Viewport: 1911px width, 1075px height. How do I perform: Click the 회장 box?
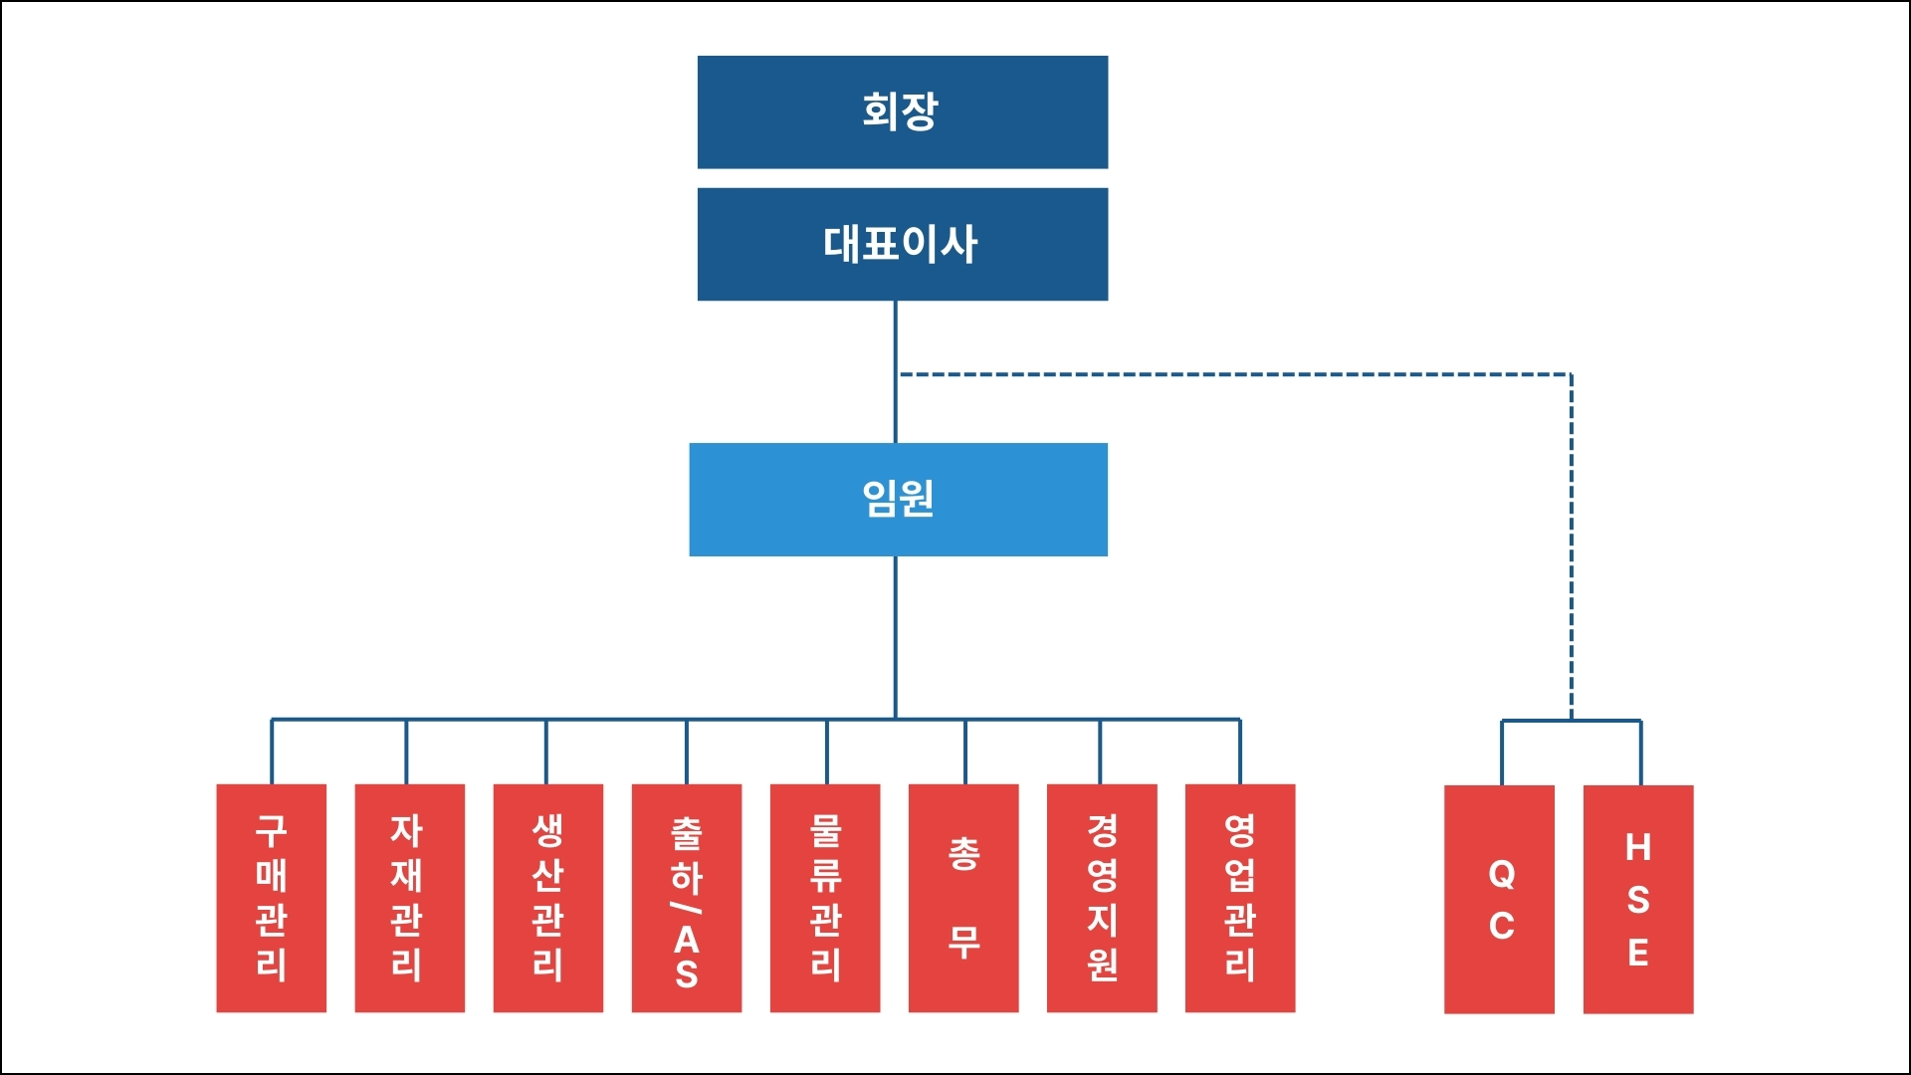(x=902, y=111)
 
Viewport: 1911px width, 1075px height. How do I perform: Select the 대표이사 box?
(x=902, y=244)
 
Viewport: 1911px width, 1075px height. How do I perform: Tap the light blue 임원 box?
(x=898, y=499)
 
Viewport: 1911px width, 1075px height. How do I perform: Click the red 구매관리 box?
(x=271, y=898)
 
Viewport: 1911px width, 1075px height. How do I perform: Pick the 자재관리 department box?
(x=409, y=898)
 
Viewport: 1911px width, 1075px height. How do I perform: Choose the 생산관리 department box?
(x=547, y=898)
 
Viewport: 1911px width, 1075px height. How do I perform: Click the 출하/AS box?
(x=686, y=898)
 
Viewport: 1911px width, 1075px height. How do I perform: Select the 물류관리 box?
(x=824, y=898)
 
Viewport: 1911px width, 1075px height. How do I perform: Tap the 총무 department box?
(x=962, y=898)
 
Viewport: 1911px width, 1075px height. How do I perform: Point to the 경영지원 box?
(x=1101, y=898)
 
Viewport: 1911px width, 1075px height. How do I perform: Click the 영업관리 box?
(x=1239, y=898)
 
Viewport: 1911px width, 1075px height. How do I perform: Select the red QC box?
(x=1499, y=899)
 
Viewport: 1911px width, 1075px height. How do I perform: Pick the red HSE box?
(x=1637, y=899)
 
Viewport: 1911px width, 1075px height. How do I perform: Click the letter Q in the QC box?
(x=1502, y=875)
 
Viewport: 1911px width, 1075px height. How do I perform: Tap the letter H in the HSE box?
(x=1638, y=848)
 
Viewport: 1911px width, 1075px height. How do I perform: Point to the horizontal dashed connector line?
(x=1234, y=375)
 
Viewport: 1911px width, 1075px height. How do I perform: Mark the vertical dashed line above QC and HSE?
(x=1571, y=547)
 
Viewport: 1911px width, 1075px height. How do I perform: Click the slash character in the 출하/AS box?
(x=686, y=907)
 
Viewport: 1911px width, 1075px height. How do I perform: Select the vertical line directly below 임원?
(x=895, y=637)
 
